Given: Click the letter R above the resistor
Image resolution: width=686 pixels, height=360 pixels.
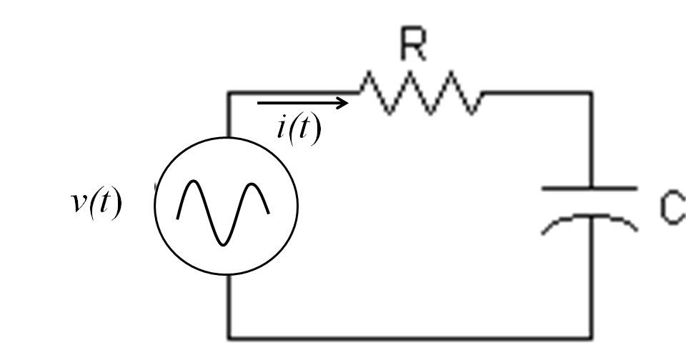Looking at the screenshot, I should [x=413, y=47].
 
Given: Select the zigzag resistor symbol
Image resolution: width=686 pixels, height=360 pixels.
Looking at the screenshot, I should [x=420, y=93].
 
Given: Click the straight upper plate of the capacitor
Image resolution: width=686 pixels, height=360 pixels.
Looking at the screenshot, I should [x=590, y=189].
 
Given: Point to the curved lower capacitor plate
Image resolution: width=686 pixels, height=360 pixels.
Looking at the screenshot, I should [x=590, y=219].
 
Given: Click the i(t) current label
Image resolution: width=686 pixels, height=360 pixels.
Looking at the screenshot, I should [x=299, y=129].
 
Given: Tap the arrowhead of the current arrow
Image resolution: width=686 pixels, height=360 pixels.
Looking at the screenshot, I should [x=344, y=103].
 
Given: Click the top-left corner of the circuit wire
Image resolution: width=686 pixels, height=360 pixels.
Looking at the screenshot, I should [x=229, y=93].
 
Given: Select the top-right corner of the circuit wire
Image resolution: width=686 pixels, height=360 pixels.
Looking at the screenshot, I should [x=591, y=93].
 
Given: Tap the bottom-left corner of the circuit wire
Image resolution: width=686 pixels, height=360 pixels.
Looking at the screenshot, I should [x=229, y=337].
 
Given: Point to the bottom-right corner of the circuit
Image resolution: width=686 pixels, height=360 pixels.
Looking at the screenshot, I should [x=591, y=337].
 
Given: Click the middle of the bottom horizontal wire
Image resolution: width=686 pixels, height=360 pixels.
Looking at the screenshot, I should [x=410, y=337].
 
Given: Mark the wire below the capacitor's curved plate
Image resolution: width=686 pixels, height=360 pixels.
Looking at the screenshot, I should [x=591, y=279].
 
